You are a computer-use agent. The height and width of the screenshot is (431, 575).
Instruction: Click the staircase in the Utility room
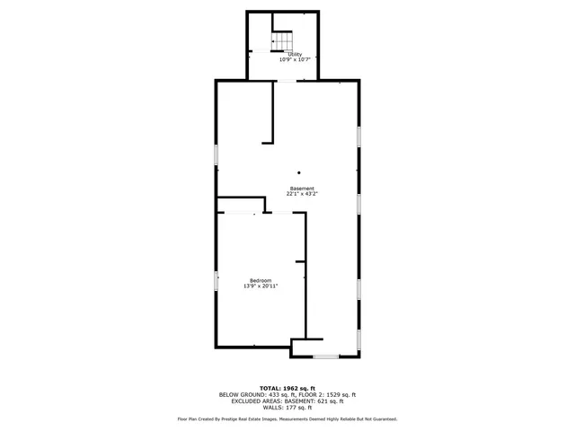285,40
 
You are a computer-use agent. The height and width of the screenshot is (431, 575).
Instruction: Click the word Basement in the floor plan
302,188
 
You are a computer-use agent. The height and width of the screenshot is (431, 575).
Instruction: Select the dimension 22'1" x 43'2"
302,193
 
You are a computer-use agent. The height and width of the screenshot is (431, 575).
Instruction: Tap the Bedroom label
261,281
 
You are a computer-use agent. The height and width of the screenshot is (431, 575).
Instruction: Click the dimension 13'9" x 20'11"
261,286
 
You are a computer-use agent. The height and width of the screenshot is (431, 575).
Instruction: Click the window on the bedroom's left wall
216,281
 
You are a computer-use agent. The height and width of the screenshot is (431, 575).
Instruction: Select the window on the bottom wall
325,357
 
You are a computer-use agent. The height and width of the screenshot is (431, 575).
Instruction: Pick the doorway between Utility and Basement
288,80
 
